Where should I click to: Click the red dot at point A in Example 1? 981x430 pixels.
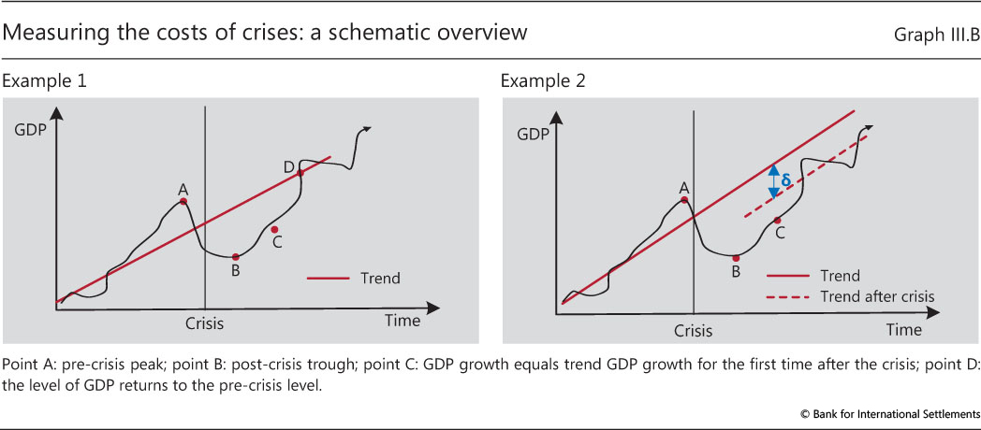183,201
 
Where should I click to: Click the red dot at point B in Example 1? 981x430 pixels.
235,257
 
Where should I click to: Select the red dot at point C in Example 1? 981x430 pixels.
274,228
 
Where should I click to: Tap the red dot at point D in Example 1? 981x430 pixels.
300,172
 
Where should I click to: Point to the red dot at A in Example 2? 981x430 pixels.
685,199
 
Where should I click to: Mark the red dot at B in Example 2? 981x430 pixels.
737,258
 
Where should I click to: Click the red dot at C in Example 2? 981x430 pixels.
777,221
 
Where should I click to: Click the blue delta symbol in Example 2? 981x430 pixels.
786,180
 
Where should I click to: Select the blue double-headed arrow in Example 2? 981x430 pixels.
773,181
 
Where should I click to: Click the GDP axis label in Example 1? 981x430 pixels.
31,134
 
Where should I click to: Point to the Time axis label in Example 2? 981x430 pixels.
904,330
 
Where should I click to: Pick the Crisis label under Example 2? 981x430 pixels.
694,331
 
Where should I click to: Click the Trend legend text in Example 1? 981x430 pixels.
379,278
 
